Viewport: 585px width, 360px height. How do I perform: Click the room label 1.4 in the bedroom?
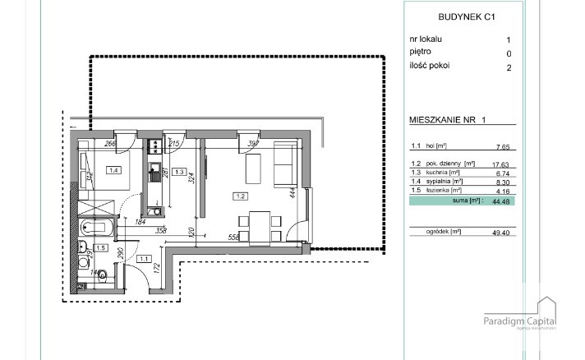[x=113, y=171]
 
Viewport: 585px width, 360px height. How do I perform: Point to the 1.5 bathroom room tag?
[x=101, y=247]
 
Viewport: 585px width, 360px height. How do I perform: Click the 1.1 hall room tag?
[x=145, y=259]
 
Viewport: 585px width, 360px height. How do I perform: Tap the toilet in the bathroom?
[x=102, y=275]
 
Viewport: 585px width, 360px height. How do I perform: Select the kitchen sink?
[x=153, y=174]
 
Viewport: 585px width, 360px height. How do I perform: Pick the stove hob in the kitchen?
[x=153, y=147]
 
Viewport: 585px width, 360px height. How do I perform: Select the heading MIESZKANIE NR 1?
[x=448, y=120]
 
